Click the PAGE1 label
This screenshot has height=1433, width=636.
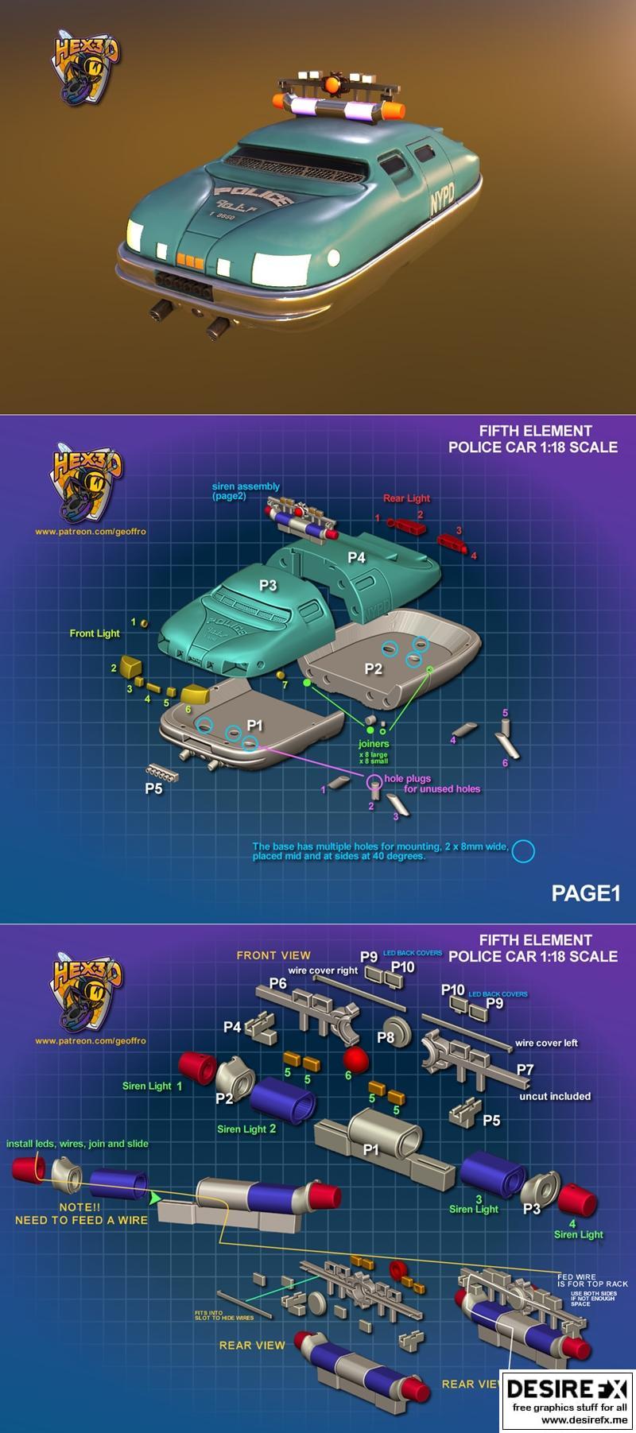click(585, 893)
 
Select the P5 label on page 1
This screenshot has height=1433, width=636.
click(153, 788)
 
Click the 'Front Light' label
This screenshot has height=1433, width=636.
click(95, 633)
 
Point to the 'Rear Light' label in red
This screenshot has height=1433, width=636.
click(406, 498)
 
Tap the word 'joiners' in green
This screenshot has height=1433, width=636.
click(374, 744)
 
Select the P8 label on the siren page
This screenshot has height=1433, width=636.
click(386, 1037)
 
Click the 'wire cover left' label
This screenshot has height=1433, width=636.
click(546, 1043)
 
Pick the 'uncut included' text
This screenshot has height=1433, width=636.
click(555, 1096)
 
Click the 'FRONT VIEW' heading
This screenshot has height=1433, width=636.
click(273, 955)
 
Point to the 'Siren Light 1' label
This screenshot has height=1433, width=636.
click(152, 1086)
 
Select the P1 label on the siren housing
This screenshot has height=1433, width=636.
click(371, 1149)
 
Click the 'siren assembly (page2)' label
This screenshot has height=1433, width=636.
click(246, 491)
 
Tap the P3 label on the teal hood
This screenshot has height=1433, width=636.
click(268, 585)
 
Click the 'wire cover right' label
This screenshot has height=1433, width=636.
click(323, 970)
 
